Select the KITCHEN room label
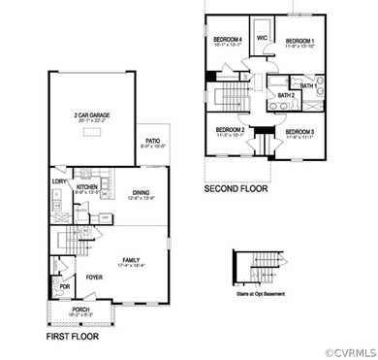[75, 187]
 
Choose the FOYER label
[93, 277]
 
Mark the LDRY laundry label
[57, 180]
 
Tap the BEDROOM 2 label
[231, 130]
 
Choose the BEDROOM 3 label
[301, 130]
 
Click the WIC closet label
[262, 38]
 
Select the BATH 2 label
[286, 96]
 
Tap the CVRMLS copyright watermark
[342, 351]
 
